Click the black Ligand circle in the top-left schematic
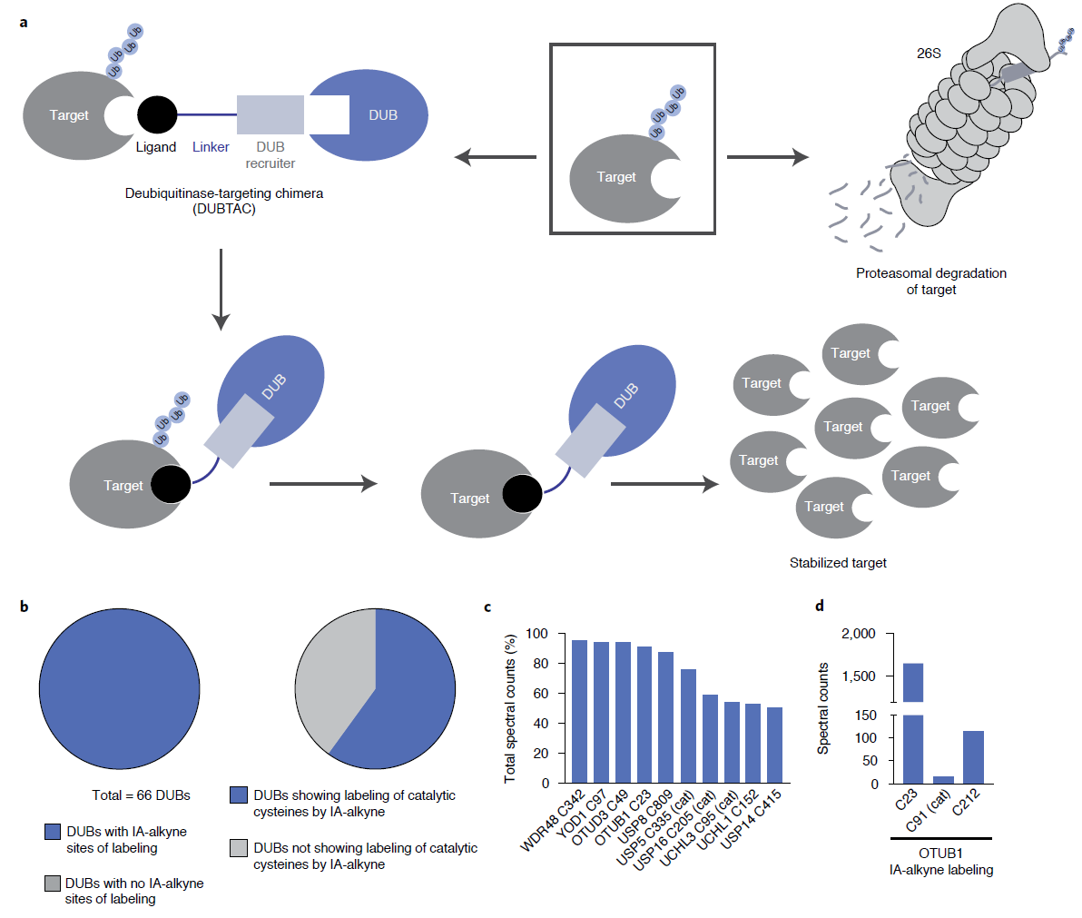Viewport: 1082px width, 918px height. (157, 115)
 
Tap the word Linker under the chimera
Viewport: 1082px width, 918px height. (211, 147)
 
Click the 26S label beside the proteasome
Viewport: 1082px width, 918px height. (929, 54)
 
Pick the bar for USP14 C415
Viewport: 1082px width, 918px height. (774, 745)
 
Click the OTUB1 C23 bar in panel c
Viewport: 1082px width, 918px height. (644, 715)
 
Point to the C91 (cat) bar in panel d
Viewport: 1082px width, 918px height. (944, 779)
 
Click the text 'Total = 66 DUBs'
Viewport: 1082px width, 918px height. (142, 795)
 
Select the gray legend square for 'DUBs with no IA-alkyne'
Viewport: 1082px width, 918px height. (53, 883)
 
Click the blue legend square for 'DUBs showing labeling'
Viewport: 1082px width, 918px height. (239, 795)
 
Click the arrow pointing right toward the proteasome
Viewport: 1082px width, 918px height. (767, 157)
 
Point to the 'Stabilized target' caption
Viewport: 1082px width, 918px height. (838, 563)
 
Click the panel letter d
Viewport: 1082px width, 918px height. (820, 606)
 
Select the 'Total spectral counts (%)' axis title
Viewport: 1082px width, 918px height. (510, 708)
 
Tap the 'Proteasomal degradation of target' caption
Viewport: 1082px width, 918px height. (931, 281)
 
